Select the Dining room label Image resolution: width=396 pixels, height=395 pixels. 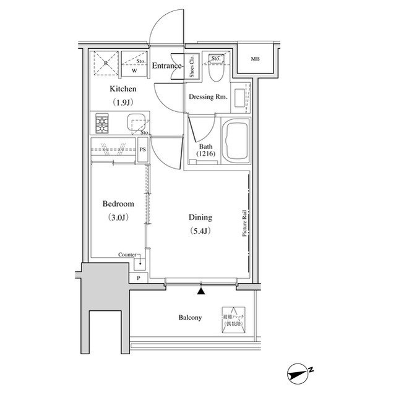pyautogui.click(x=200, y=218)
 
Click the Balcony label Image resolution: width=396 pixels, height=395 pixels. pyautogui.click(x=190, y=318)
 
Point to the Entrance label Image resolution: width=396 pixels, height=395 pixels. pyautogui.click(x=167, y=66)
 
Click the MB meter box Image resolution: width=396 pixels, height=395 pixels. pyautogui.click(x=255, y=59)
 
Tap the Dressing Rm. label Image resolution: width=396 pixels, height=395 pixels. pyautogui.click(x=208, y=97)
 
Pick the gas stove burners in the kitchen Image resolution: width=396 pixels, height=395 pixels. pyautogui.click(x=102, y=124)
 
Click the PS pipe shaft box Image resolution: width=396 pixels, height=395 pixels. pyautogui.click(x=143, y=150)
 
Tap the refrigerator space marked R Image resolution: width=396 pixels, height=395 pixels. pyautogui.click(x=105, y=63)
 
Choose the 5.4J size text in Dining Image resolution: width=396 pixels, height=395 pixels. pyautogui.click(x=200, y=231)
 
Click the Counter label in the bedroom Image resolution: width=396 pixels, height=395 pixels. pyautogui.click(x=128, y=255)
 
